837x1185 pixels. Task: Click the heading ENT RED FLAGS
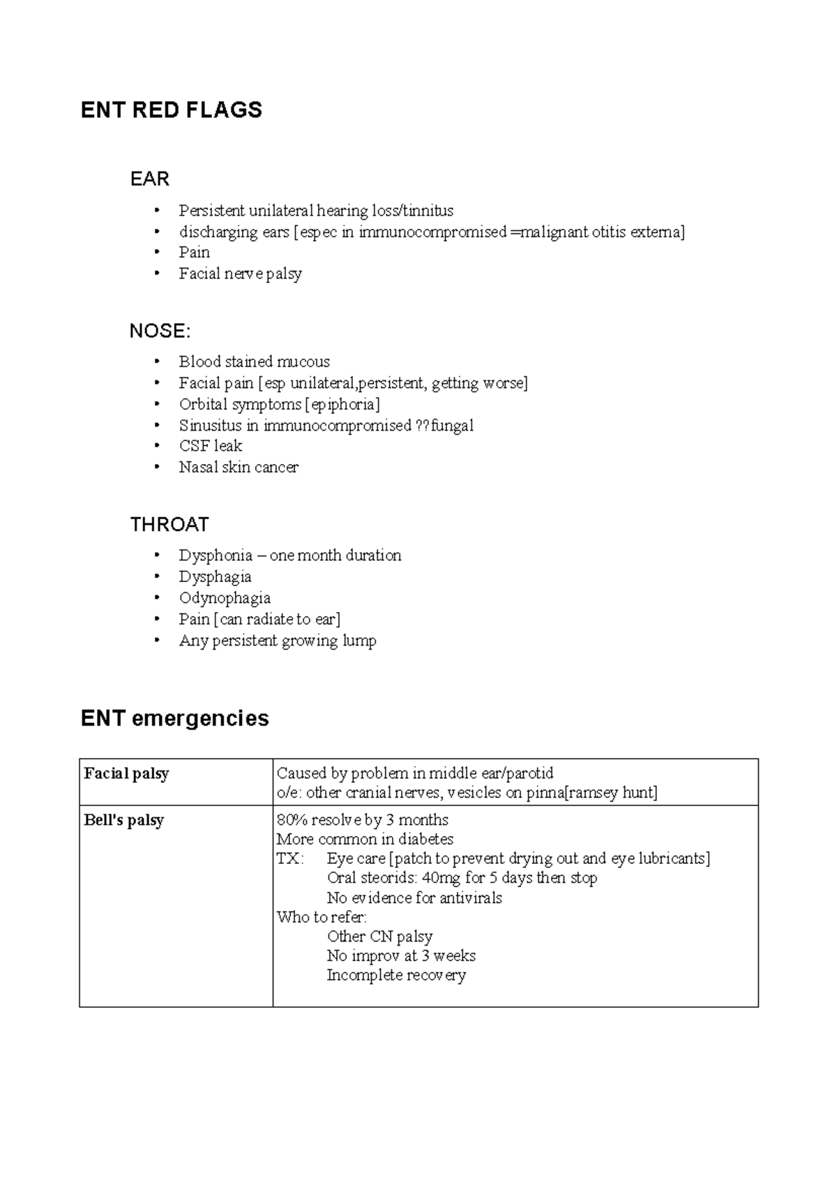click(171, 110)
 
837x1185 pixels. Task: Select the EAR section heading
click(149, 179)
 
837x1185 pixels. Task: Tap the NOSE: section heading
click(160, 331)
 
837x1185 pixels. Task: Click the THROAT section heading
click(169, 525)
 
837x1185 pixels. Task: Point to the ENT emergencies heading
click(174, 718)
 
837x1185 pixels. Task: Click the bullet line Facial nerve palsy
click(240, 274)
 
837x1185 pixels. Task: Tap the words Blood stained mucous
click(254, 362)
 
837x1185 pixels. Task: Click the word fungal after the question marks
click(452, 425)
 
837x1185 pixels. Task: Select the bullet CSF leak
click(210, 446)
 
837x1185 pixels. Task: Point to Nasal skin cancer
click(239, 467)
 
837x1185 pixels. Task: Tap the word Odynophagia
click(225, 598)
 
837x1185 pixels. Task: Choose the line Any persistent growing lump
click(277, 641)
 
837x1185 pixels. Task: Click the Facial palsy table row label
click(126, 773)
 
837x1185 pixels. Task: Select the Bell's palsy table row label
click(123, 820)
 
